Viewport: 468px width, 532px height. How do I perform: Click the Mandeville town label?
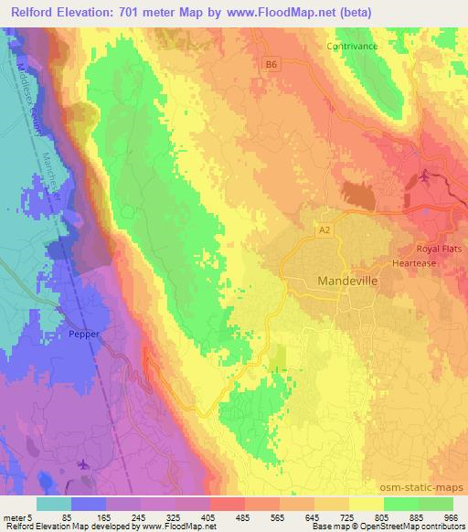[x=346, y=281]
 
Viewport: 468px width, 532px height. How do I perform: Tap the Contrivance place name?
[x=351, y=44]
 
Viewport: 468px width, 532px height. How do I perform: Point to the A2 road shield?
[x=325, y=233]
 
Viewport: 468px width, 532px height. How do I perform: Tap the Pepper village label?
[x=82, y=335]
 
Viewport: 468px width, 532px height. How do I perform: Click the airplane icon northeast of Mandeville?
[x=425, y=176]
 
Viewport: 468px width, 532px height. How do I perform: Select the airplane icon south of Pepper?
[x=85, y=463]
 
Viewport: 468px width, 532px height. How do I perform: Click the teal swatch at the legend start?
[x=53, y=504]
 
